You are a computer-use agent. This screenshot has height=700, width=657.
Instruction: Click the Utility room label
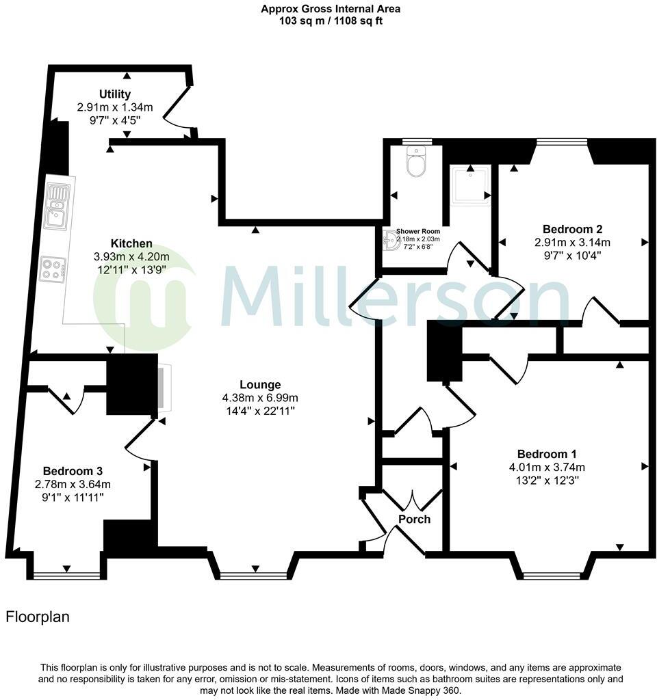coord(114,94)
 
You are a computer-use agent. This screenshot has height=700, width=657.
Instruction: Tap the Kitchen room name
coord(131,244)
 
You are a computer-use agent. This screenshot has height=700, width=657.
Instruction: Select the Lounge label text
coord(260,385)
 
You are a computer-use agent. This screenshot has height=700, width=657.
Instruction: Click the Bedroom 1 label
coord(547,455)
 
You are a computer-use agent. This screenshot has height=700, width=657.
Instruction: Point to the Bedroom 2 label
coord(572,229)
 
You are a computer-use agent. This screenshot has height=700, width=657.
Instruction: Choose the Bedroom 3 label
coord(73,472)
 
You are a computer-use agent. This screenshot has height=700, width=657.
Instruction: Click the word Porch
coord(415,520)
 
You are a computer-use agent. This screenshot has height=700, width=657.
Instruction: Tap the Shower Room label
coord(417,232)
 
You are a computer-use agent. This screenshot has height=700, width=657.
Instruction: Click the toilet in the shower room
coord(415,162)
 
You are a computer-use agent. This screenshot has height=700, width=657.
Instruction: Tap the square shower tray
coord(471,185)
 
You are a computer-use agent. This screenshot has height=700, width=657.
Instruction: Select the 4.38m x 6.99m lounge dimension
coord(260,398)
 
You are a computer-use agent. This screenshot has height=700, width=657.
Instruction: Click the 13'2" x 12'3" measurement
coord(547,480)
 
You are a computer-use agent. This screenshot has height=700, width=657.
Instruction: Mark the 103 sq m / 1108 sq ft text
coord(331,21)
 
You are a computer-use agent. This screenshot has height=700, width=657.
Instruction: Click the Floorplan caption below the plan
coord(38,617)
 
